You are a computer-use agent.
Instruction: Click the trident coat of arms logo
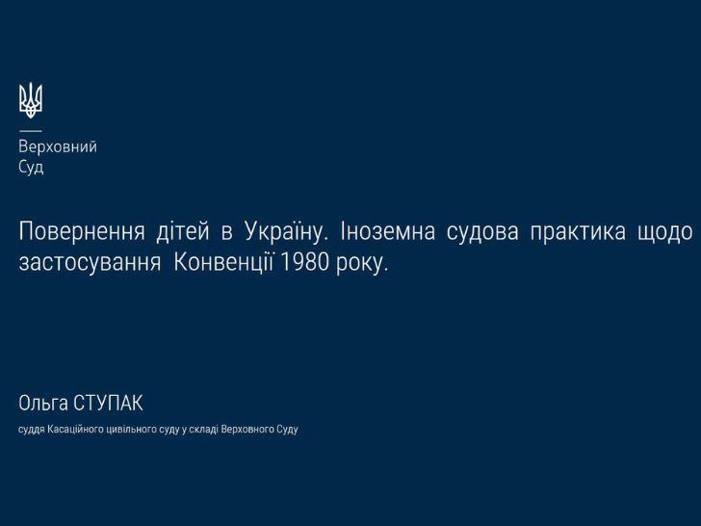[31, 100]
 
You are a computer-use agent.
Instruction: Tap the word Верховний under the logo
[58, 146]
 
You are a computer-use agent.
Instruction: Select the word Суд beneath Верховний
[31, 168]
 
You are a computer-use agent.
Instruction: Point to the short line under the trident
[30, 131]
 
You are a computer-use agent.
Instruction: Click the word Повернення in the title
[82, 231]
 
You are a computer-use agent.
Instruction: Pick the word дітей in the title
[183, 231]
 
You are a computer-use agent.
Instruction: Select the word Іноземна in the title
[388, 231]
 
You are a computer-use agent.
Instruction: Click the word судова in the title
[482, 232]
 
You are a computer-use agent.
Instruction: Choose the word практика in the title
[578, 232]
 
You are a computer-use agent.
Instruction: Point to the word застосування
[90, 263]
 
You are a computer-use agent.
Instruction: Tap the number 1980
[304, 263]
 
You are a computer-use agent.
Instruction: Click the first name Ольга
[43, 404]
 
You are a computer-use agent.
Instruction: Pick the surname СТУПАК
[108, 403]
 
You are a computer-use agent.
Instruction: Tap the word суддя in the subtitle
[31, 430]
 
